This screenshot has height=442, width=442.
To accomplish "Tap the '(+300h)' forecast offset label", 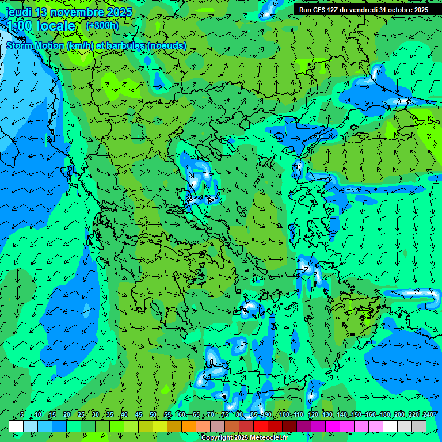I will click(102, 25).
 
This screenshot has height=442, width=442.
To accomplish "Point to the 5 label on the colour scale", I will click(22, 415).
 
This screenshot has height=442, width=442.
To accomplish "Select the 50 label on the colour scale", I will click(153, 415).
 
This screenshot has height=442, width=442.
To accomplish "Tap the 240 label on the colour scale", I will click(428, 415).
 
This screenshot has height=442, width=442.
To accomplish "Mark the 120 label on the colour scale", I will click(313, 415).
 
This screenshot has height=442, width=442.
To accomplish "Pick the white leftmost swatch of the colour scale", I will click(16, 426).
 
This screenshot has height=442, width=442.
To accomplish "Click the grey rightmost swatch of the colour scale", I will click(419, 426).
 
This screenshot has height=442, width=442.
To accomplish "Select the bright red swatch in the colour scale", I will click(261, 426).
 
